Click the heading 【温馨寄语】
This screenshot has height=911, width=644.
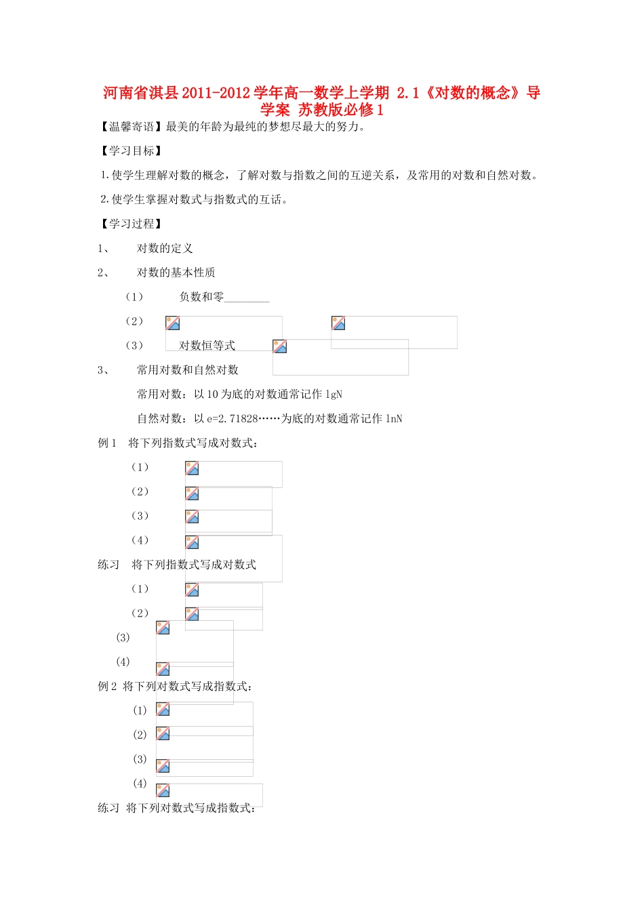pos(131,127)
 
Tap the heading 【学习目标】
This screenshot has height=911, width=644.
pos(131,151)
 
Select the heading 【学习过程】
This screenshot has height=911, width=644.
pos(131,224)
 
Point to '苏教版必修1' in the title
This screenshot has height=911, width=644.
pos(341,110)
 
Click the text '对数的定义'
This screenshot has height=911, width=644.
pos(165,248)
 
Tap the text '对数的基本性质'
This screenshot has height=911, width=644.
pos(176,272)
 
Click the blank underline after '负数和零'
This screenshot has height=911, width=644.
pos(247,298)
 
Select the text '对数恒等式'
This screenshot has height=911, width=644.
pos(207,346)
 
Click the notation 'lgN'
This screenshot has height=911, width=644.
pos(334,394)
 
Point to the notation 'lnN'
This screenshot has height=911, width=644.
pos(394,419)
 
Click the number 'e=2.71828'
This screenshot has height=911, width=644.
pos(233,419)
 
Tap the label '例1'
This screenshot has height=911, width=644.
pos(107,443)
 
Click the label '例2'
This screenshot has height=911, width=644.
pos(107,687)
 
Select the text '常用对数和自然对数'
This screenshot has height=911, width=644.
pos(188,370)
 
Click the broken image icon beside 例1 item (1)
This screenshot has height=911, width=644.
pos(192,468)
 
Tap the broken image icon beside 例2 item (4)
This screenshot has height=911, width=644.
pos(163,790)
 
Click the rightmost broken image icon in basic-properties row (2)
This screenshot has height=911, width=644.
pos(338,323)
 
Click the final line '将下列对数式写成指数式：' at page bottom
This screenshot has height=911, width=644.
pos(190,808)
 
